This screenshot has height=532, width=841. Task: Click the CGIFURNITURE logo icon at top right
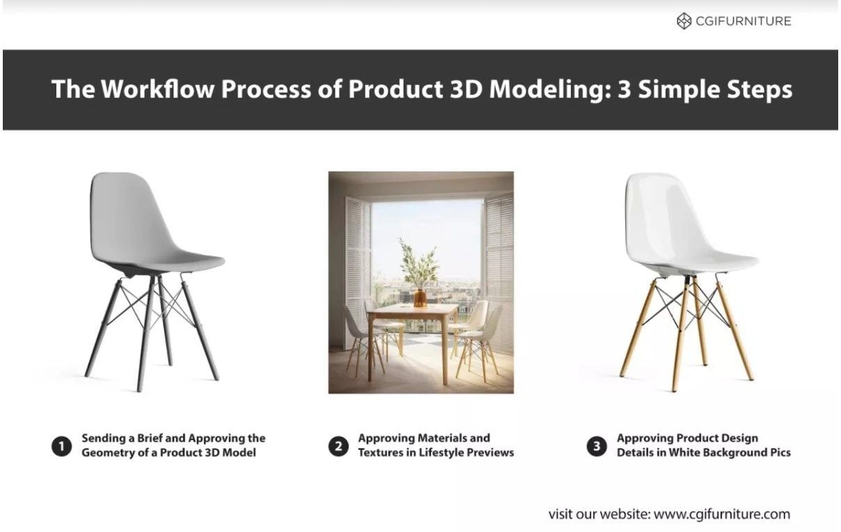684,21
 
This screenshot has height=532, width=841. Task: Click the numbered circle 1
61,446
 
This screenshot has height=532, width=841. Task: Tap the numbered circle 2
338,446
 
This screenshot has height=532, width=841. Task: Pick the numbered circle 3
597,446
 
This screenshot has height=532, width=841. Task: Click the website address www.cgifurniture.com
722,515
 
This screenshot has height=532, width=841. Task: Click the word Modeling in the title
544,91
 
